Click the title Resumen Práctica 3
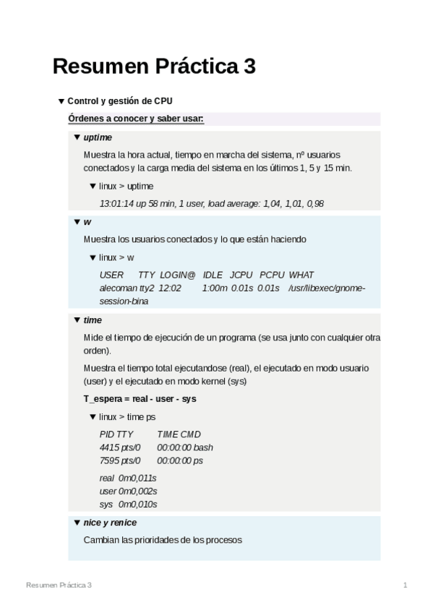point(154,67)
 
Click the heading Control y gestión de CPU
point(119,101)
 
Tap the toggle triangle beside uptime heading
point(77,137)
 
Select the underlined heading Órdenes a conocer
point(136,119)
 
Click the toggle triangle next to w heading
point(77,222)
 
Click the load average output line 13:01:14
point(211,204)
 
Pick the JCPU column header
point(241,275)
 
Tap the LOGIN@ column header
point(178,275)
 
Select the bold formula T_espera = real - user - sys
point(140,399)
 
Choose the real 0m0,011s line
point(128,478)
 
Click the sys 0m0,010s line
point(128,504)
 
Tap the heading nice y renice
point(110,523)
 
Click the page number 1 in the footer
point(406,584)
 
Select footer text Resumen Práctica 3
point(59,584)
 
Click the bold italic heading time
point(93,320)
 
